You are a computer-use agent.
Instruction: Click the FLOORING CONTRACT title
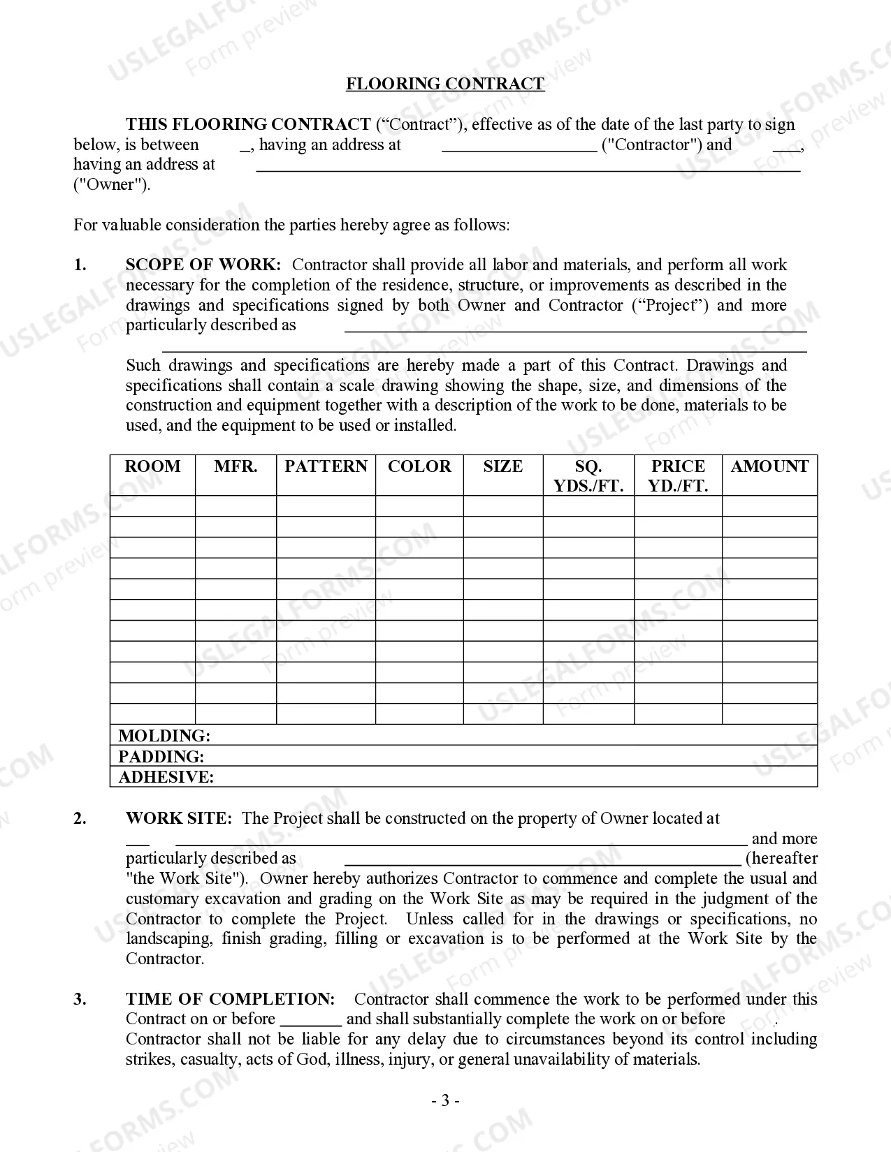445,84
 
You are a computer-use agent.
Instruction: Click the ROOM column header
152,466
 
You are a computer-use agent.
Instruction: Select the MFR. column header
236,466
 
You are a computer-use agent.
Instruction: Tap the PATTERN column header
326,466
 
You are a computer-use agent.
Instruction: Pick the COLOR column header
419,466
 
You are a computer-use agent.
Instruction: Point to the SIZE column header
502,466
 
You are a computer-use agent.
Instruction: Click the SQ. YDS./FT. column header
588,476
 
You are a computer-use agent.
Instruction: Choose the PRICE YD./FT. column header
678,476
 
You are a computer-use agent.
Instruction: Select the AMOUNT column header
769,466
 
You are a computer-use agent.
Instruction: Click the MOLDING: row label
164,736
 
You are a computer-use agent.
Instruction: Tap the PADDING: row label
161,757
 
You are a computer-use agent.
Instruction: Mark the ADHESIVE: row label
166,777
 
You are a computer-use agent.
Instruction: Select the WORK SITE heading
178,818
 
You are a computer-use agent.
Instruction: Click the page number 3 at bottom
445,1101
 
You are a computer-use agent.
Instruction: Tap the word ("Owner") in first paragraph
112,185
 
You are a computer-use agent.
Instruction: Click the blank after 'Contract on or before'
310,1020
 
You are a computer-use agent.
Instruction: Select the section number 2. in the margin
80,818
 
